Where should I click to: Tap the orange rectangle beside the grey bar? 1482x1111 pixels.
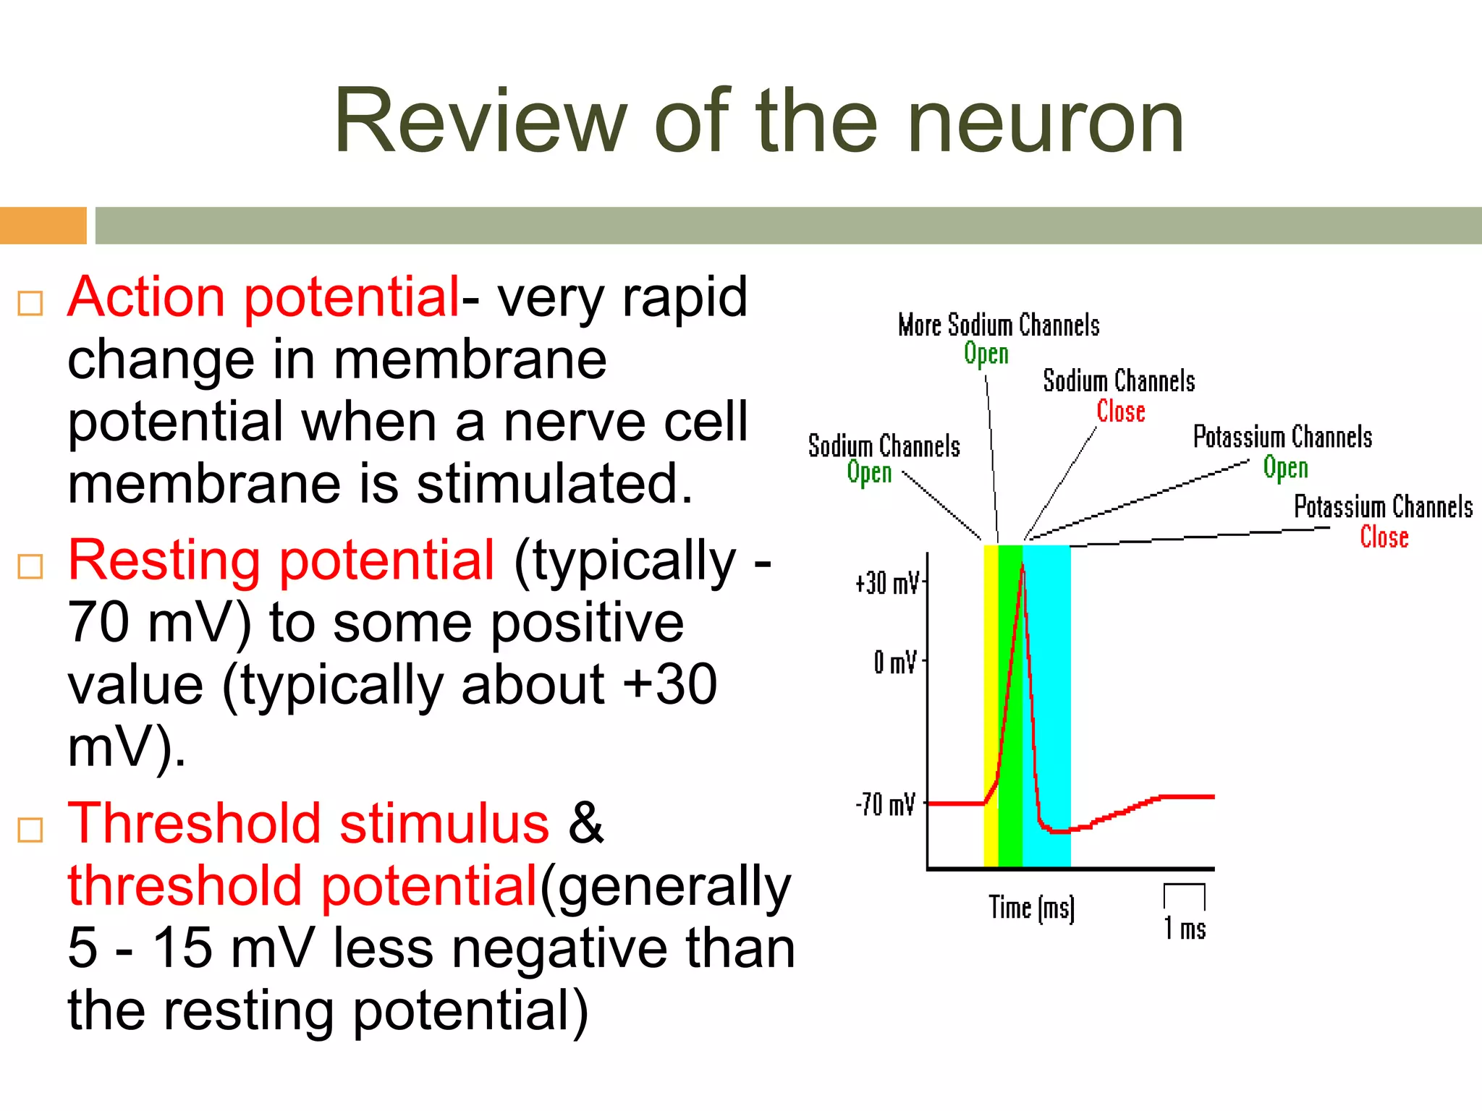click(x=43, y=226)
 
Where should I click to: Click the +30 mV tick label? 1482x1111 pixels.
click(x=886, y=583)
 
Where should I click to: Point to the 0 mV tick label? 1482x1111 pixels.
click(x=894, y=662)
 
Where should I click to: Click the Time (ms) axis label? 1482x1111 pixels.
click(x=1031, y=908)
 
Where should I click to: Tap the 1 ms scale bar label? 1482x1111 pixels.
click(x=1185, y=929)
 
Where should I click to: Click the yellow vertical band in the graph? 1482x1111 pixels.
click(x=991, y=694)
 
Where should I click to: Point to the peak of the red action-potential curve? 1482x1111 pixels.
click(x=1022, y=565)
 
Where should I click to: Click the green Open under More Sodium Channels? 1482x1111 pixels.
click(x=986, y=354)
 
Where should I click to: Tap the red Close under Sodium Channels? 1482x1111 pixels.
click(x=1120, y=412)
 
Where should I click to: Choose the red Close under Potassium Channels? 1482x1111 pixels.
click(x=1384, y=537)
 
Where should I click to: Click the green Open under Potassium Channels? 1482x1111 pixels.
click(x=1285, y=468)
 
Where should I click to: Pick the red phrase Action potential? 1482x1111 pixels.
click(x=263, y=297)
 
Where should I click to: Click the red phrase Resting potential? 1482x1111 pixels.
click(x=281, y=561)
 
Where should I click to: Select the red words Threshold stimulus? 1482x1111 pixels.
click(x=308, y=824)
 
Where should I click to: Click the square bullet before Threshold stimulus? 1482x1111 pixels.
click(x=30, y=830)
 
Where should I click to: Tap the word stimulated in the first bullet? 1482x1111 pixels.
click(x=554, y=484)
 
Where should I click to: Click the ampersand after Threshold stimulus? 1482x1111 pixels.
click(x=585, y=824)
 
